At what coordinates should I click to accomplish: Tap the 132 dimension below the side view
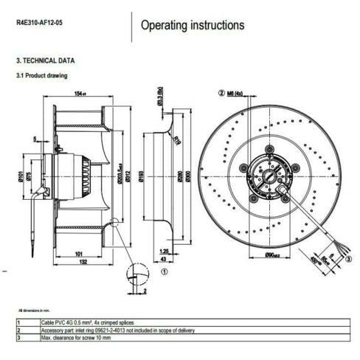pyautogui.click(x=86, y=262)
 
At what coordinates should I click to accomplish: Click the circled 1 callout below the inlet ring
pyautogui.click(x=164, y=271)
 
